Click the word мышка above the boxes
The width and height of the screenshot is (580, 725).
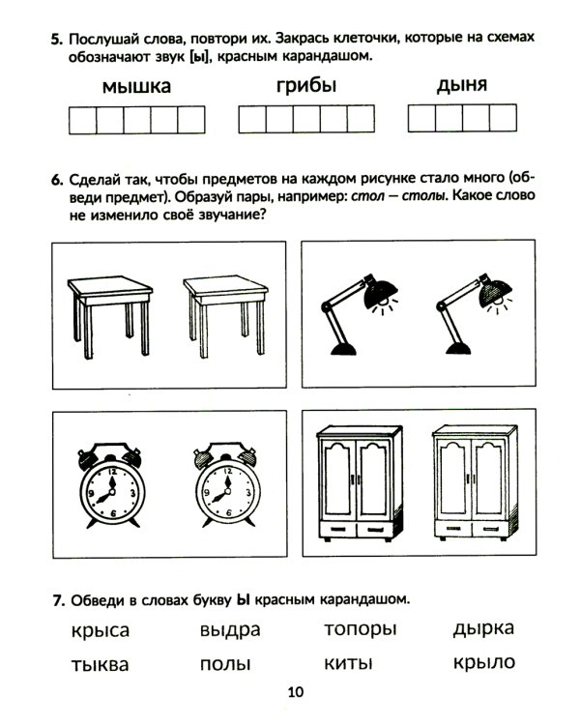pos(135,88)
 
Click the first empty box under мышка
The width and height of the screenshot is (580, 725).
pos(83,120)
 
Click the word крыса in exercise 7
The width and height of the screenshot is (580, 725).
pos(100,631)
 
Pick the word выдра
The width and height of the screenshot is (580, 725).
pos(229,630)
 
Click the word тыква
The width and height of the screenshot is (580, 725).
pos(100,665)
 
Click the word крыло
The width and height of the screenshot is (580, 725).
pos(483,663)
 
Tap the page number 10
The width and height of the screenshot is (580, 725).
pos(295,691)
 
